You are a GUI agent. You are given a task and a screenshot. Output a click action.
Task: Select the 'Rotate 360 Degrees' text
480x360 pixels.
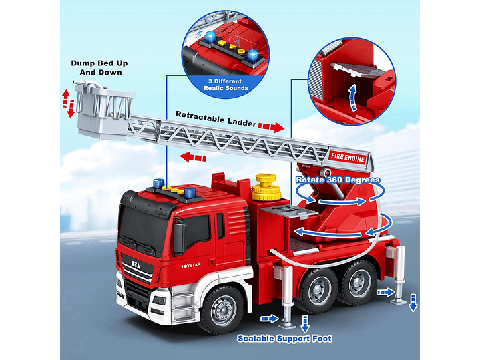click(x=338, y=180)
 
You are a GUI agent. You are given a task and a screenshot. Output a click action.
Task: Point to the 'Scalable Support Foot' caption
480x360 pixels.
click(x=284, y=339)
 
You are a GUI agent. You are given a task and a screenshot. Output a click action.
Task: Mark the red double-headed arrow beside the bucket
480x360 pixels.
click(x=67, y=102)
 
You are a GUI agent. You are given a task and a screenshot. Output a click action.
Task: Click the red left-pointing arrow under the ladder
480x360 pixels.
click(x=192, y=158)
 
